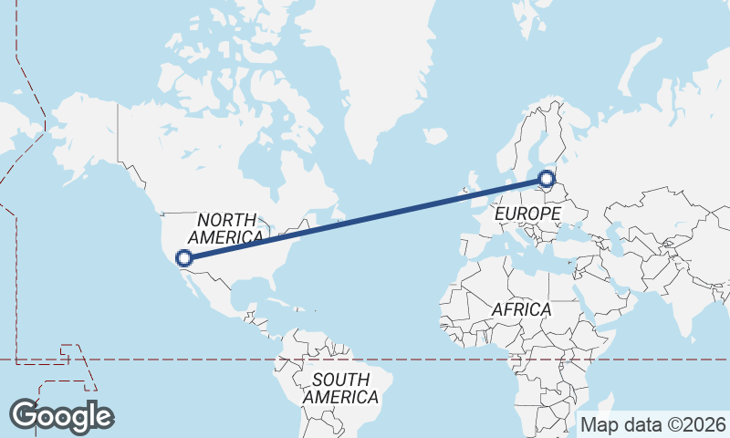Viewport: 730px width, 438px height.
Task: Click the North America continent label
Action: click(229, 228)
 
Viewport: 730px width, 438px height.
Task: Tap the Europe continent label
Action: click(527, 214)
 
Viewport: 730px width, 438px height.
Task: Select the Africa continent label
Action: click(521, 309)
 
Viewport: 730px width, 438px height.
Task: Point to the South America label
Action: click(340, 388)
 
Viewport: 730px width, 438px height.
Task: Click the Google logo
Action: click(61, 416)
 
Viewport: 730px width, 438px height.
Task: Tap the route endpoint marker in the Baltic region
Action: click(546, 179)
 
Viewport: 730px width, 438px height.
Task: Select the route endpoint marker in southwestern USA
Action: click(185, 258)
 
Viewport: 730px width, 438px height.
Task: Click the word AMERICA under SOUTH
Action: click(340, 397)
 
